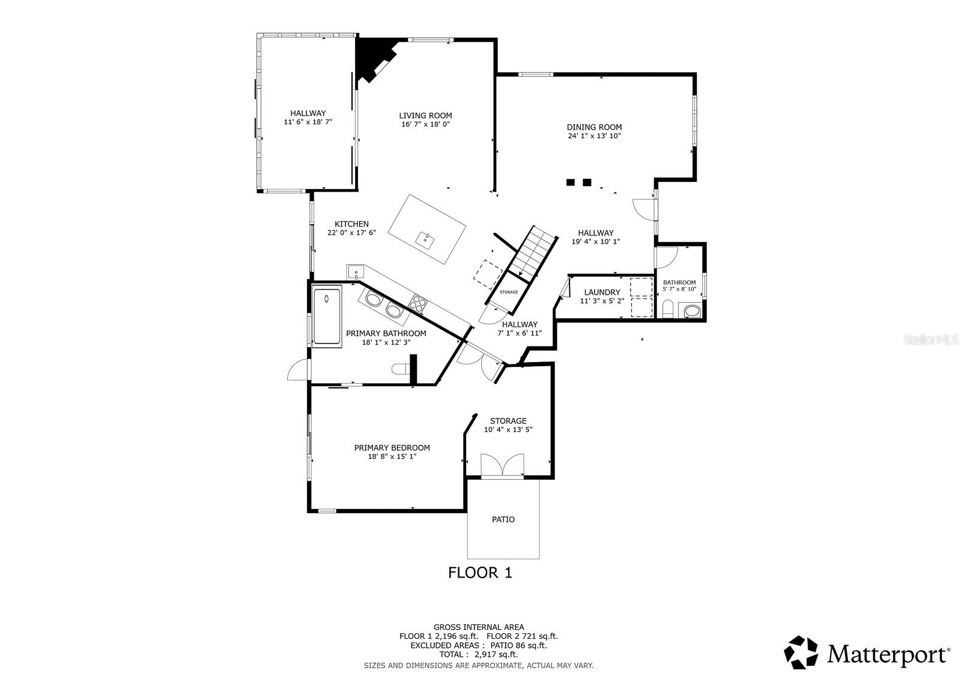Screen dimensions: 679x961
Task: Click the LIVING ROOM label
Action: click(x=425, y=116)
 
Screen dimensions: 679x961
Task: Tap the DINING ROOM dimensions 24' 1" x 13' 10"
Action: click(x=593, y=136)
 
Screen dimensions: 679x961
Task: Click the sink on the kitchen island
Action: click(x=426, y=241)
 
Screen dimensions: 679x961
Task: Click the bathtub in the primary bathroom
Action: click(x=327, y=316)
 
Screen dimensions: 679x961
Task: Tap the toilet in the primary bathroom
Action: click(x=399, y=369)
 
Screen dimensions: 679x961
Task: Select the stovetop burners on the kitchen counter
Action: click(x=417, y=302)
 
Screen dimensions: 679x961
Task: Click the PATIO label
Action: click(x=503, y=519)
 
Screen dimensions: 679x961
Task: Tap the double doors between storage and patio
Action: click(x=503, y=467)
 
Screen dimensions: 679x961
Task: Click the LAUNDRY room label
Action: click(x=602, y=292)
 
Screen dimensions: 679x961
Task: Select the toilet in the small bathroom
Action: click(x=667, y=310)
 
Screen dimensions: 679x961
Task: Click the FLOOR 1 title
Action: click(x=480, y=572)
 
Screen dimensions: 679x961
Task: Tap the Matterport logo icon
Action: click(x=802, y=653)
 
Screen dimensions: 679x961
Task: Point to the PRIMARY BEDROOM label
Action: click(x=392, y=448)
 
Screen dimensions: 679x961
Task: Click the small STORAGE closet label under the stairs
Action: click(x=509, y=292)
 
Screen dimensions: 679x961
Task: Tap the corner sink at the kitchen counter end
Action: click(x=355, y=272)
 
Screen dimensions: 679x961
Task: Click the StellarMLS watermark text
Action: click(x=936, y=340)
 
